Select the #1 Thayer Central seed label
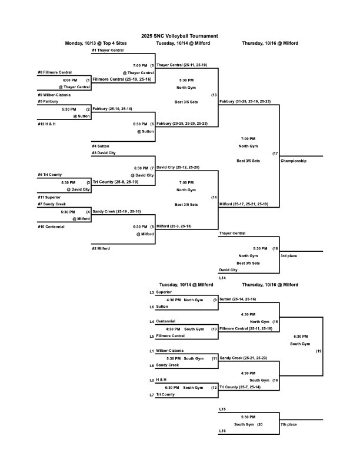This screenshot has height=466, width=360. (108, 51)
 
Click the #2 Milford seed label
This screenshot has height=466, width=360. (101, 248)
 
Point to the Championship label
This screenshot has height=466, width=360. (294, 161)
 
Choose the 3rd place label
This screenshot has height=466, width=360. (289, 256)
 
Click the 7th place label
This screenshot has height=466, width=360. (289, 424)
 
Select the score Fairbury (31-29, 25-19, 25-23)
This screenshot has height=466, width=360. (245, 102)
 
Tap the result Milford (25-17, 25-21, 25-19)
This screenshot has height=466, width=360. (244, 204)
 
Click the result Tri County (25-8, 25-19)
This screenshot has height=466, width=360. (115, 182)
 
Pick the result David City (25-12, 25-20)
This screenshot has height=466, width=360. (178, 167)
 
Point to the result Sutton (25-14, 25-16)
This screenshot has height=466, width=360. (238, 299)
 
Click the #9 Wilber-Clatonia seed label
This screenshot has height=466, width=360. (54, 94)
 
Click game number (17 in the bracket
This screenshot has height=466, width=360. (275, 154)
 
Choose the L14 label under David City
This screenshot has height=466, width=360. (222, 277)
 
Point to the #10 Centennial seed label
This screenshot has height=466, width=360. (51, 226)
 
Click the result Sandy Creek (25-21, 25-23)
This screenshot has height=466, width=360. (242, 358)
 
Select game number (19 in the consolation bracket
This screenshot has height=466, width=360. (319, 351)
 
